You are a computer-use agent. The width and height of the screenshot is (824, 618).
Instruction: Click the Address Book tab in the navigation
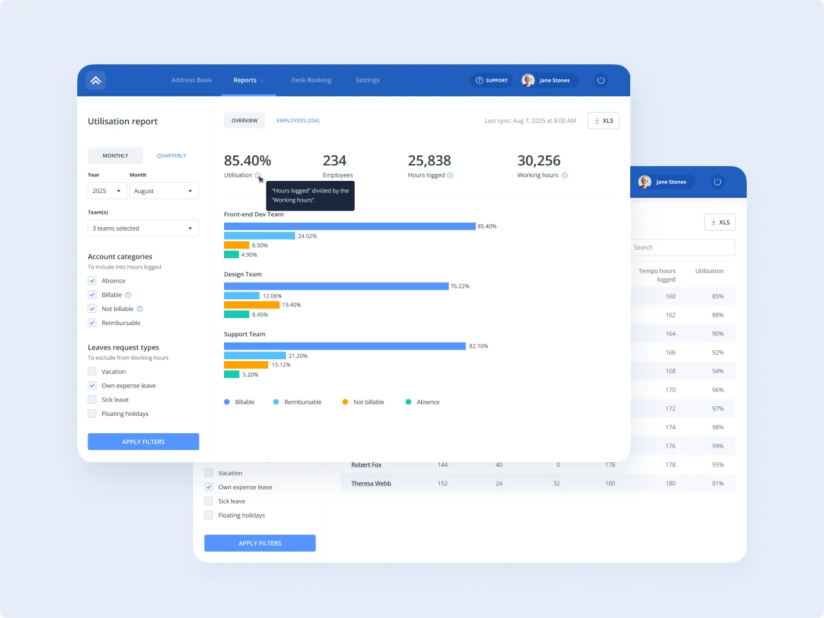[x=191, y=80]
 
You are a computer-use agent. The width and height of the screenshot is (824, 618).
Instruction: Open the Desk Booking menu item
[x=311, y=80]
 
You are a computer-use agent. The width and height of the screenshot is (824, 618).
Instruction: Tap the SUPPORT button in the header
[x=492, y=80]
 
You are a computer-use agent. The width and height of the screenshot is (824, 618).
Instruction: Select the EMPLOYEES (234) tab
[x=297, y=121]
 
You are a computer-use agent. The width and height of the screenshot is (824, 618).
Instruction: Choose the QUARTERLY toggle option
[x=171, y=156]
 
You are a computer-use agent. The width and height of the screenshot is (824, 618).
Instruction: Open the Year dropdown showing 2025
[x=107, y=191]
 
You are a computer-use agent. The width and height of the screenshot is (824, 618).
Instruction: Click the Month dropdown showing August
[x=164, y=191]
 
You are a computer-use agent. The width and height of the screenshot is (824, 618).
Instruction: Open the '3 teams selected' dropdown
[x=143, y=229]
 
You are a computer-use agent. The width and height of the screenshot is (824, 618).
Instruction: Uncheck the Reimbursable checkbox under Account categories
[x=92, y=323]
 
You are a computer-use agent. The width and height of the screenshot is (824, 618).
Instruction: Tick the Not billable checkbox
[x=92, y=309]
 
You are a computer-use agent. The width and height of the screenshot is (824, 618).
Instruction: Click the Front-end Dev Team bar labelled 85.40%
[x=350, y=227]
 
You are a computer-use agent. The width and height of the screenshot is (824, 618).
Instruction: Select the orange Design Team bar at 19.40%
[x=252, y=305]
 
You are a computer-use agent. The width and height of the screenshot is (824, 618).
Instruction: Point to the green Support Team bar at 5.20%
[x=232, y=375]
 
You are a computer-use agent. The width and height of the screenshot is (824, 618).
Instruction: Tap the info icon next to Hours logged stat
[x=450, y=176]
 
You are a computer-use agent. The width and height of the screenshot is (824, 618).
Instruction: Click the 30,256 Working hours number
[x=539, y=161]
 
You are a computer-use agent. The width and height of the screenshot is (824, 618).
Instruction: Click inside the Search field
[x=682, y=248]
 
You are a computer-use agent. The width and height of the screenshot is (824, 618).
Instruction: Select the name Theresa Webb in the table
[x=371, y=483]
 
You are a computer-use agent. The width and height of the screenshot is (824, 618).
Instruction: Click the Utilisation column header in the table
[x=709, y=271]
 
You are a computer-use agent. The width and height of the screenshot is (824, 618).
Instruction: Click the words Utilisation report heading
[x=122, y=122]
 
